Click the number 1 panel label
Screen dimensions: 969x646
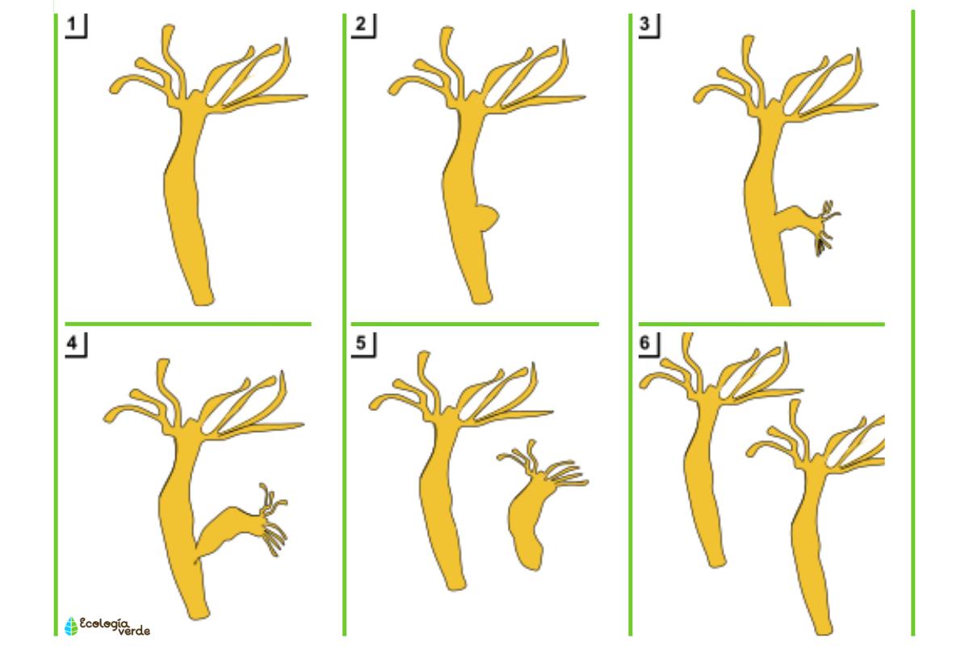point(72,23)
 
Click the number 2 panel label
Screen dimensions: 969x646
point(360,23)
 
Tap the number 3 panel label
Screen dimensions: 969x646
point(644,23)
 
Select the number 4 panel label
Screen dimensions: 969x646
point(72,342)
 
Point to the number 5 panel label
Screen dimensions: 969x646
point(360,342)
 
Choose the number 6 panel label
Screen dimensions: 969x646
point(644,342)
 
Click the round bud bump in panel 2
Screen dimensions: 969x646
point(489,218)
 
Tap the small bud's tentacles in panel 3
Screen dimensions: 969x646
point(827,227)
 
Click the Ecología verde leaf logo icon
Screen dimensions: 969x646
point(71,626)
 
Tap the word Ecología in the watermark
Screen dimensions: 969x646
point(104,623)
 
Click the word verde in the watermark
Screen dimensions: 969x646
point(134,631)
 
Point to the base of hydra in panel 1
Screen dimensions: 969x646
point(203,299)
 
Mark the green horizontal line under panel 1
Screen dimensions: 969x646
point(188,324)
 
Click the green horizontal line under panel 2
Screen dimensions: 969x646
point(475,324)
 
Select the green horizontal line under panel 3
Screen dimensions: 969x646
point(761,324)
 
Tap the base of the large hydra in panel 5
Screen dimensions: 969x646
point(455,584)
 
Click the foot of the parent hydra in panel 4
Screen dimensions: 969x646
point(199,613)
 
